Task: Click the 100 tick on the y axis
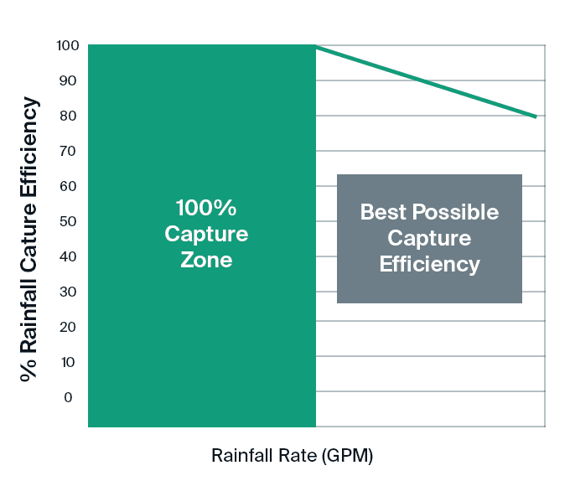point(68,45)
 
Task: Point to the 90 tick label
point(68,80)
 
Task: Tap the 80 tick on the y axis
point(68,116)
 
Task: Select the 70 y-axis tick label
point(68,151)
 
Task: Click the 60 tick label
point(68,186)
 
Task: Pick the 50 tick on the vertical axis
point(68,221)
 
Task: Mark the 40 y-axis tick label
point(68,256)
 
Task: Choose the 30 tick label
point(68,292)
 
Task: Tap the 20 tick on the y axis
point(68,327)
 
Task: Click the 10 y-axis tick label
point(68,362)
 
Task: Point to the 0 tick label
point(68,397)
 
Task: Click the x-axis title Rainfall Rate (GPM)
point(292,457)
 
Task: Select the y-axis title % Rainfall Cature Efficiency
point(30,239)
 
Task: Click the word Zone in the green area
point(206,261)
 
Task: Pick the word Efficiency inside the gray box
point(429,265)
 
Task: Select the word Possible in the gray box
point(455,212)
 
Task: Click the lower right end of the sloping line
point(536,117)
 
